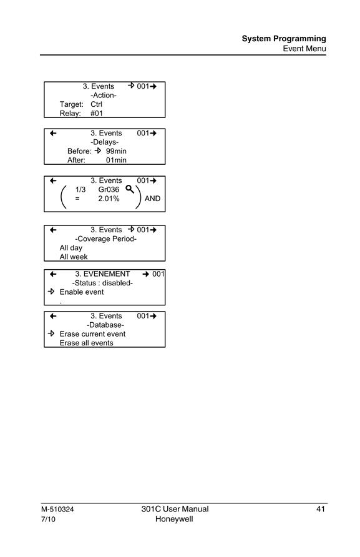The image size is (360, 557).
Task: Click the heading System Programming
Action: pyautogui.click(x=284, y=39)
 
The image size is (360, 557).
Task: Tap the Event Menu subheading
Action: pyautogui.click(x=304, y=49)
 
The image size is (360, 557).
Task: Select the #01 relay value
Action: pyautogui.click(x=97, y=113)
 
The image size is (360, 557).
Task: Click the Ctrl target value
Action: pyautogui.click(x=96, y=104)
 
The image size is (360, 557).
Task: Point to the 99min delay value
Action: pyautogui.click(x=116, y=151)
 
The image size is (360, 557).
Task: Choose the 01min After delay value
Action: pyautogui.click(x=116, y=160)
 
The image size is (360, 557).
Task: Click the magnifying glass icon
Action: pyautogui.click(x=130, y=189)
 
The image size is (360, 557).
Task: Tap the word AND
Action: pyautogui.click(x=152, y=199)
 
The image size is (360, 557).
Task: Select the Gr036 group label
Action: pyautogui.click(x=109, y=190)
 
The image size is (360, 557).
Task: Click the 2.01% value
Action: pyautogui.click(x=109, y=199)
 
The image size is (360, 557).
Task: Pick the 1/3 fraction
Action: pyautogui.click(x=80, y=190)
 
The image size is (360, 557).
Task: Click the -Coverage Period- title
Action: pyautogui.click(x=106, y=239)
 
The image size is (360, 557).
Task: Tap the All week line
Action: pyautogui.click(x=74, y=257)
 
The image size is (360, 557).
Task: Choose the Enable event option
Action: pyautogui.click(x=82, y=292)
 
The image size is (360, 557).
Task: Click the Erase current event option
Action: pyautogui.click(x=92, y=334)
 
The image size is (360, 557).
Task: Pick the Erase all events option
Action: pyautogui.click(x=86, y=343)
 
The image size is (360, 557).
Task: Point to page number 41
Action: pyautogui.click(x=321, y=509)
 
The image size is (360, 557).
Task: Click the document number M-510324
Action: pyautogui.click(x=57, y=510)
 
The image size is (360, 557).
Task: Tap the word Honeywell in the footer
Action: pyautogui.click(x=174, y=519)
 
